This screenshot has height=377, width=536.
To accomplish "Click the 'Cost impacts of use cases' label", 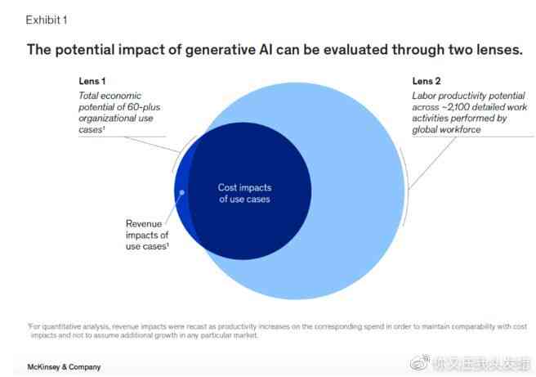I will click(243, 193).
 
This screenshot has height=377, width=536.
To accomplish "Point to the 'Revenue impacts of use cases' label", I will click(147, 235).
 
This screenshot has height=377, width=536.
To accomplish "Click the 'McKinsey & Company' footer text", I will click(65, 367).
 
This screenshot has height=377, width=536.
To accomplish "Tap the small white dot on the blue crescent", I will click(182, 194).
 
